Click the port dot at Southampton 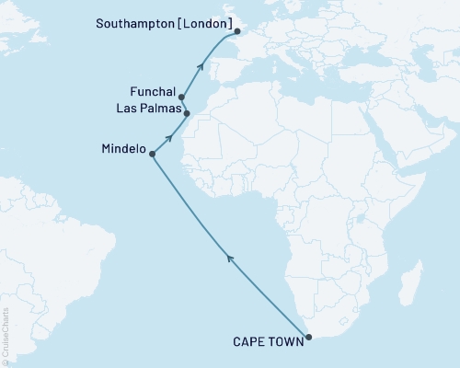(x=237, y=31)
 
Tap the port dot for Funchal (x=181, y=97)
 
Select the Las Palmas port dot (x=187, y=114)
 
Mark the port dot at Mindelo (x=152, y=155)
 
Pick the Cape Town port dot (x=308, y=338)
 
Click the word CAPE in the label (x=251, y=347)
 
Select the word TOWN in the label (x=284, y=347)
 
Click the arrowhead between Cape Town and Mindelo (x=229, y=260)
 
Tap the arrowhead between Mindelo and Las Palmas (x=169, y=137)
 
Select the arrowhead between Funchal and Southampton (x=201, y=64)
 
